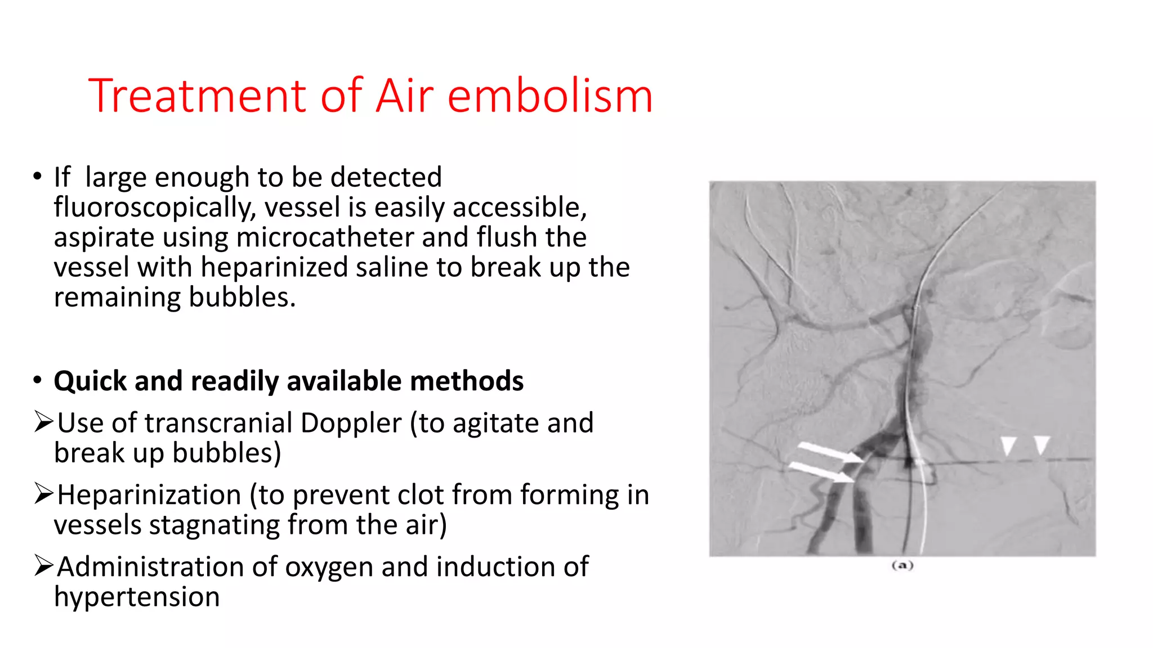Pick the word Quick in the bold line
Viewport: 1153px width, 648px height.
[90, 381]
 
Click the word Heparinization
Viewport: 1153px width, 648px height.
[149, 495]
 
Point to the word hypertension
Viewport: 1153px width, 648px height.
[137, 597]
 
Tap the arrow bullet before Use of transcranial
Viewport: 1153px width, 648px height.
[43, 422]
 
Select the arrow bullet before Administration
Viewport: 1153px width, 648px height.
[43, 565]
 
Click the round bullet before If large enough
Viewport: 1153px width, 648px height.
[37, 177]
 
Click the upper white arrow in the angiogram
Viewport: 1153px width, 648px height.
[830, 453]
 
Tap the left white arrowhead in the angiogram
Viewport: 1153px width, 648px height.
[1007, 445]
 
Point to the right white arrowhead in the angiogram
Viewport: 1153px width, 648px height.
[1042, 444]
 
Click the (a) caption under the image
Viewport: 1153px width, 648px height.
[902, 565]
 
